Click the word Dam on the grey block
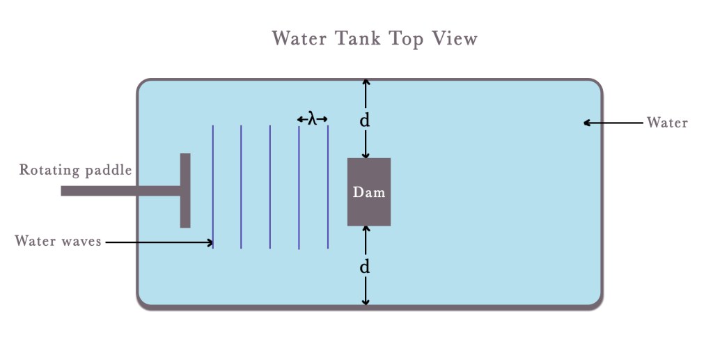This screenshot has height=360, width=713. pyautogui.click(x=369, y=192)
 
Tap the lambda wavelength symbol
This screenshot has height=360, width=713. pyautogui.click(x=312, y=119)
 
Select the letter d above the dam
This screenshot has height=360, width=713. pyautogui.click(x=365, y=120)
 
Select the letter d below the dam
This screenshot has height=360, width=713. pyautogui.click(x=365, y=267)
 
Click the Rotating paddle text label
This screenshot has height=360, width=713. pyautogui.click(x=75, y=170)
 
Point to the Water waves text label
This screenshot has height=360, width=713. pyautogui.click(x=58, y=242)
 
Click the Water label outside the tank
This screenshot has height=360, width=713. pyautogui.click(x=667, y=123)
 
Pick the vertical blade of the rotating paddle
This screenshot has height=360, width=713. pyautogui.click(x=185, y=190)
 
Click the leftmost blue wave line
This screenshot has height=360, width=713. pyautogui.click(x=213, y=187)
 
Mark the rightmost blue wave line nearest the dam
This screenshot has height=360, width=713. pyautogui.click(x=328, y=187)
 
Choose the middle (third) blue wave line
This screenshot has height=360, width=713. pyautogui.click(x=270, y=187)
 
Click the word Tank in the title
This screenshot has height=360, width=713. pyautogui.click(x=354, y=38)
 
